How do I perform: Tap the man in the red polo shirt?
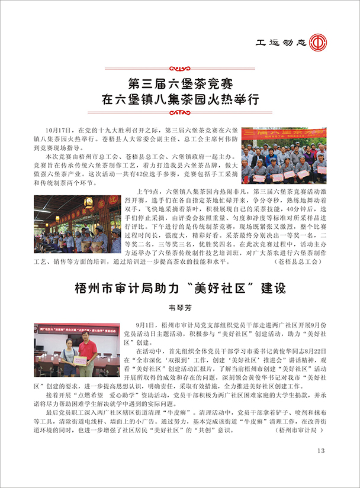[87, 353]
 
